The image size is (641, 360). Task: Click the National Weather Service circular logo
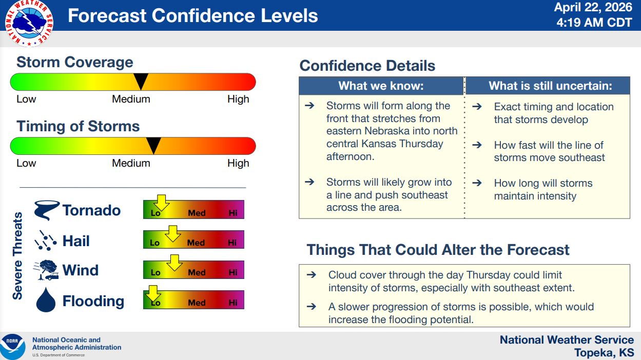(x=29, y=23)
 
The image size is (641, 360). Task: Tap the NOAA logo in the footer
(x=13, y=347)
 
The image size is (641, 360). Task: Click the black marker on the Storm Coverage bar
(x=141, y=82)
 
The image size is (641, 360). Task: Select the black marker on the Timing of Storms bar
(x=153, y=146)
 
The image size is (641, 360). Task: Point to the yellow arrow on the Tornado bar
(x=161, y=203)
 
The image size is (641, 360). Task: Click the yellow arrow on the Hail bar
(x=172, y=233)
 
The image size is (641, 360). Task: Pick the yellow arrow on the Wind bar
(x=174, y=263)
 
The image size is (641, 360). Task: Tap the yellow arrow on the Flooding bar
(x=153, y=293)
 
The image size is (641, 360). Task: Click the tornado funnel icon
(x=46, y=210)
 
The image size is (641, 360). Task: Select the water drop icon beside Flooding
(x=46, y=299)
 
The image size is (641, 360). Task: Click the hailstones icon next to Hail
(x=46, y=241)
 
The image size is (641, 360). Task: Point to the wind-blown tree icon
(x=46, y=270)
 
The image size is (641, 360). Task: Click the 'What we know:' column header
(x=381, y=86)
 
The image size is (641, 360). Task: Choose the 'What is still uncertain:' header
(x=550, y=86)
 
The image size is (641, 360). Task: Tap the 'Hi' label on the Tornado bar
(x=233, y=213)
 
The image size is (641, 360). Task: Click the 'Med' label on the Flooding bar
(x=197, y=303)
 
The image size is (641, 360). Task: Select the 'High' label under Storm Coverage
(x=238, y=99)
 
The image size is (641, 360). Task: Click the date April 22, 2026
(x=593, y=7)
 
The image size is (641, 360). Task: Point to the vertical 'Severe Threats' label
(x=17, y=255)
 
